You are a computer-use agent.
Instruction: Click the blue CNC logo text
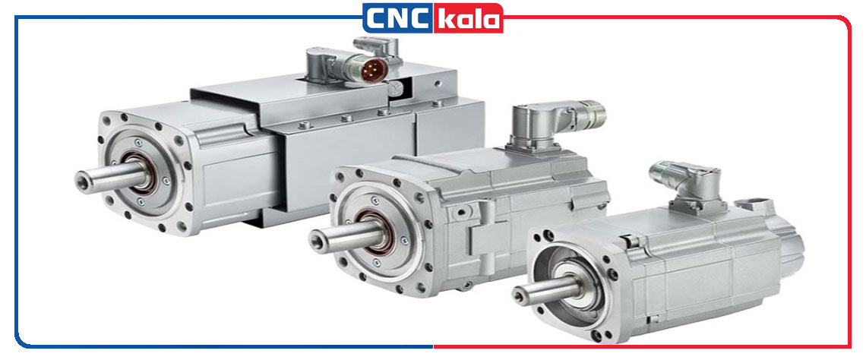click(x=397, y=18)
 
